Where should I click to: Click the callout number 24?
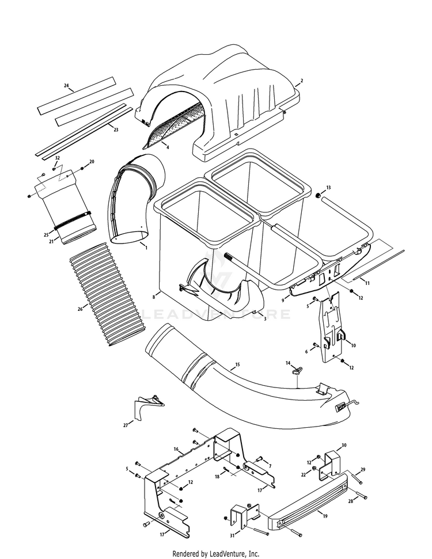66,86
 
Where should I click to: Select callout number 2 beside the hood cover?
301,81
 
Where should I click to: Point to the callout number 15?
237,365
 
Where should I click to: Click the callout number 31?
232,535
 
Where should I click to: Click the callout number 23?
116,130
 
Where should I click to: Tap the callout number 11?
366,283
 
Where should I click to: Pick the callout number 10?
353,345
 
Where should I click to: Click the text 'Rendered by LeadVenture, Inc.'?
216,553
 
